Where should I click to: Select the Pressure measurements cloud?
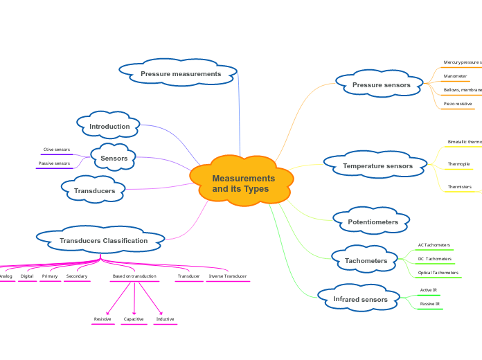[x=180, y=74]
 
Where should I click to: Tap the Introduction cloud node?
[x=109, y=127]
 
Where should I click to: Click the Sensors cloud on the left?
[x=114, y=158]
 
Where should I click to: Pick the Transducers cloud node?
[x=95, y=190]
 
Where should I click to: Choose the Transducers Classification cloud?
[x=103, y=241]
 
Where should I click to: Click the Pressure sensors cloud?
[x=381, y=85]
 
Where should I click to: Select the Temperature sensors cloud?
[x=377, y=166]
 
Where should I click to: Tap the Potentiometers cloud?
[x=373, y=222]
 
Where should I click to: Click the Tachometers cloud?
[x=366, y=261]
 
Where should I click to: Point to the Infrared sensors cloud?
[x=360, y=300]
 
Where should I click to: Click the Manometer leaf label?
[x=455, y=76]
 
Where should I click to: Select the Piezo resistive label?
[x=458, y=104]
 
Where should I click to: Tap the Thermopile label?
[x=458, y=164]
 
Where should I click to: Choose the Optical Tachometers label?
[x=438, y=273]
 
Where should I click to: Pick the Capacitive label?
[x=134, y=319]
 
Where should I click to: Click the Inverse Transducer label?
[x=227, y=276]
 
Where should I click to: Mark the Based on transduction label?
[x=134, y=276]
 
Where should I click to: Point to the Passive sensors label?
[x=53, y=163]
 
